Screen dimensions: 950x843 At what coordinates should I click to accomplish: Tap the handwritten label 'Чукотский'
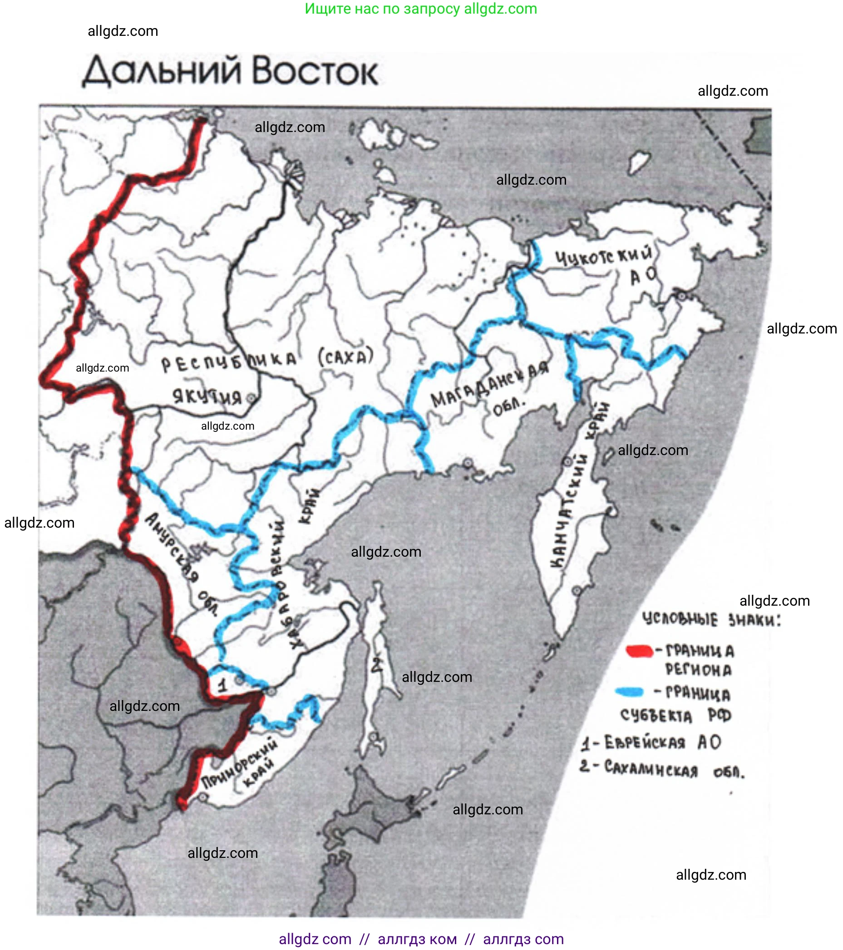(604, 255)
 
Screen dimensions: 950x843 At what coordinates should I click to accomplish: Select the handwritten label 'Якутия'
(207, 397)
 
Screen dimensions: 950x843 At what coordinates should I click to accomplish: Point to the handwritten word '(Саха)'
(346, 357)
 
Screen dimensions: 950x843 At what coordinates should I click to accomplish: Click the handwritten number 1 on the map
(223, 685)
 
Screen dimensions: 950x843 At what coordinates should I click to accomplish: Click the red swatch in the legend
(639, 651)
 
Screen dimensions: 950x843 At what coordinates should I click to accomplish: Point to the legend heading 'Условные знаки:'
(711, 620)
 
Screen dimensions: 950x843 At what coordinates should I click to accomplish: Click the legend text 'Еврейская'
(645, 743)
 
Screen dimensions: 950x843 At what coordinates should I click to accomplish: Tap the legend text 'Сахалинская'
(651, 769)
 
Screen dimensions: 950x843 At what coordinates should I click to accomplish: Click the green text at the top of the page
(421, 8)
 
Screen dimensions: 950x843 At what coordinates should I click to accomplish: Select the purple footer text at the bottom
(421, 939)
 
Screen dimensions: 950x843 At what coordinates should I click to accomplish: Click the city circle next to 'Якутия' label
(251, 398)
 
